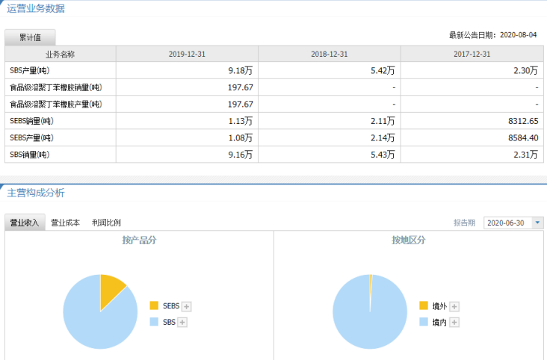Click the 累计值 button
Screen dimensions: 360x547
(x=30, y=37)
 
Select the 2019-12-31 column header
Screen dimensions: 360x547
(x=187, y=54)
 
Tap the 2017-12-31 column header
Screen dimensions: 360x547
(x=472, y=54)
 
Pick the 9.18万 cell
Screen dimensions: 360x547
(x=240, y=70)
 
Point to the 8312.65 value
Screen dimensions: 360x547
(x=522, y=121)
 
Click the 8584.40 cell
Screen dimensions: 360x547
(x=522, y=137)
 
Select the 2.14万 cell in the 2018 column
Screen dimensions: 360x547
(x=382, y=137)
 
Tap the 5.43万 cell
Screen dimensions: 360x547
(x=382, y=155)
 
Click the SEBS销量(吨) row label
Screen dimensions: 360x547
(x=31, y=121)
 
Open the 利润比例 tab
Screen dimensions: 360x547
(x=106, y=223)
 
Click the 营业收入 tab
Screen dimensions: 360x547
(x=24, y=223)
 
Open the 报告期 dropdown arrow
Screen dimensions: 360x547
(x=537, y=223)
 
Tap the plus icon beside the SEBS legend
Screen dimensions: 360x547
(x=187, y=306)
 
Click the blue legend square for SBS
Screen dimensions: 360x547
(x=154, y=322)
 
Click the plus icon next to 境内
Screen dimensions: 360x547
(x=454, y=322)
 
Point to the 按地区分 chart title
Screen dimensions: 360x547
(x=408, y=240)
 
